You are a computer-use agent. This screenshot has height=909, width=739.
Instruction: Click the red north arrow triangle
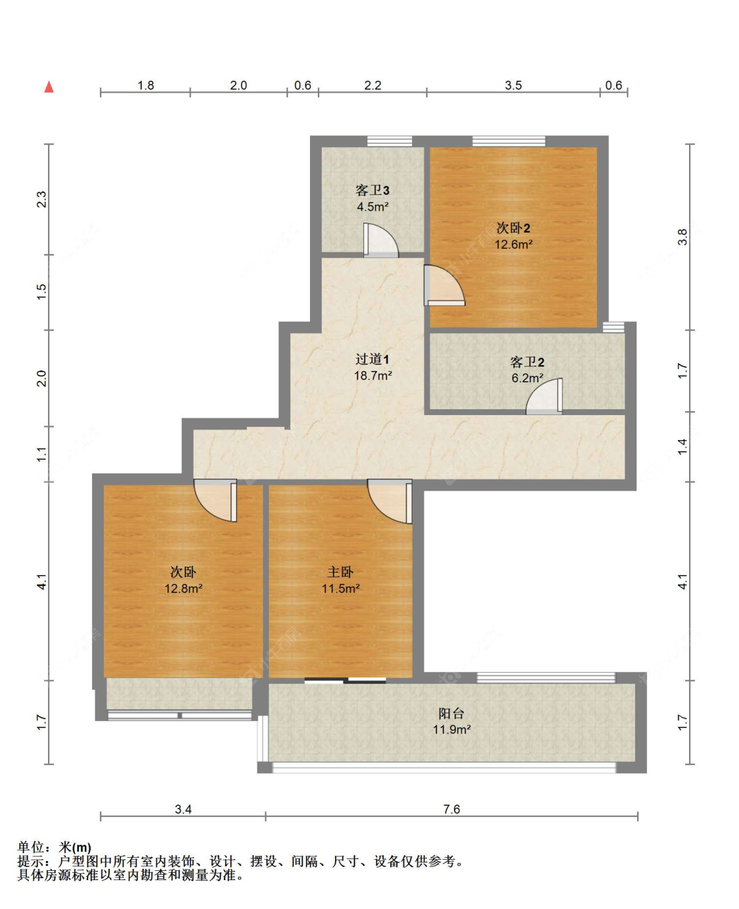49,87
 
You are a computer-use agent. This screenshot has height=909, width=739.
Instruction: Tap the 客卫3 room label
372,190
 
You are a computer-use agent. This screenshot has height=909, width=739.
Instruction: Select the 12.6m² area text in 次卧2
513,244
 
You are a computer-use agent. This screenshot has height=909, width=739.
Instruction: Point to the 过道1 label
372,359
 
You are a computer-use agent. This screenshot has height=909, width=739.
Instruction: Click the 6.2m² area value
527,378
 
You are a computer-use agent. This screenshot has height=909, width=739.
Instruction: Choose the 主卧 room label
340,572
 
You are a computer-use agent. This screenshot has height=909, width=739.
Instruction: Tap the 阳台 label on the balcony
451,713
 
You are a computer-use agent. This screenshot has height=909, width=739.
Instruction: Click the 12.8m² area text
183,588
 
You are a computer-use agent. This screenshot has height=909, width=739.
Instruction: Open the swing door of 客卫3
380,241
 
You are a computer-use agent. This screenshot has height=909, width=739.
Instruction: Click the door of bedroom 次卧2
443,286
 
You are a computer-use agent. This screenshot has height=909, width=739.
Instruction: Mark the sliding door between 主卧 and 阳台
345,680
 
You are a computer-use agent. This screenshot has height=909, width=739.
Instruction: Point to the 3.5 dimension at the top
513,85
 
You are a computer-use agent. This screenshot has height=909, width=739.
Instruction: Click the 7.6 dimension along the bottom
451,809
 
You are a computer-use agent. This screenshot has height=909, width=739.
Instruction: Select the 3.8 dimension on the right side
683,237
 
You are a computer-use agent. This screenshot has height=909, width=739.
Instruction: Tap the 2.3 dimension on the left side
41,199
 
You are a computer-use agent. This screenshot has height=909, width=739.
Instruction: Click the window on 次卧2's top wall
508,141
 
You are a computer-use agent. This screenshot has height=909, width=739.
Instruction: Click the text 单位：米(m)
55,847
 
